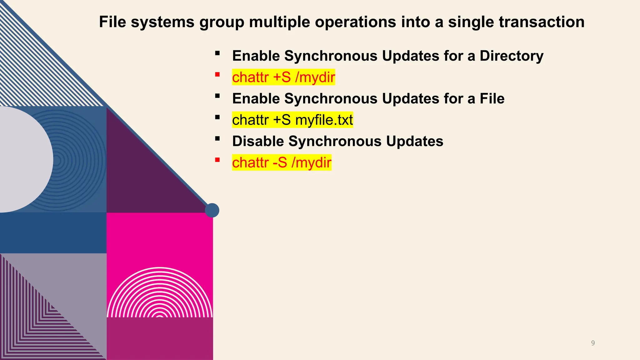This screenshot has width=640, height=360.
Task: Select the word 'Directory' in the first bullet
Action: click(511, 56)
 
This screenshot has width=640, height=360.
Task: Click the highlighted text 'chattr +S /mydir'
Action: click(283, 77)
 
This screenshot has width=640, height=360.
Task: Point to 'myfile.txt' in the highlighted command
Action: click(324, 120)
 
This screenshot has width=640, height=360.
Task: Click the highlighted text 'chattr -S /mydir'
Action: click(282, 162)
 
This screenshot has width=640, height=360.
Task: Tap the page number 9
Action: click(593, 343)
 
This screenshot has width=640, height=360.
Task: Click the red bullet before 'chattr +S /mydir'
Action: click(217, 74)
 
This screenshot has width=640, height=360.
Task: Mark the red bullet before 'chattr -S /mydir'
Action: click(217, 160)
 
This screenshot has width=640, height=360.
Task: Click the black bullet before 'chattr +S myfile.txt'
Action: click(217, 117)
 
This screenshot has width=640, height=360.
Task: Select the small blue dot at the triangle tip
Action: click(212, 210)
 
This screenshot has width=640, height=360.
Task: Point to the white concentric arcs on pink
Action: click(160, 294)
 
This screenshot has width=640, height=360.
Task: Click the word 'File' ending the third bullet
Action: click(492, 99)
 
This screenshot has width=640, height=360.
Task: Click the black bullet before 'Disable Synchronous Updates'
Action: click(217, 138)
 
